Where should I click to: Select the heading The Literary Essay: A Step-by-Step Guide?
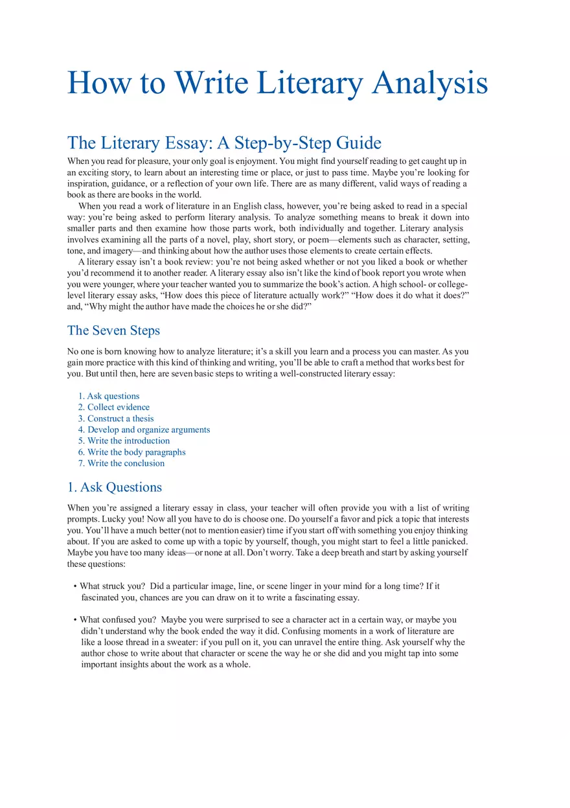[224, 143]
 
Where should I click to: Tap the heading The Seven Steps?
[113, 330]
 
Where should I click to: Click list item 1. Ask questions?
[109, 396]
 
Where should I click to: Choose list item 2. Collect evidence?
[114, 407]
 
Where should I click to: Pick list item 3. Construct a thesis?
[116, 419]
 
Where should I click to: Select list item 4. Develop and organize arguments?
[144, 430]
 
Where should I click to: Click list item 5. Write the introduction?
[124, 441]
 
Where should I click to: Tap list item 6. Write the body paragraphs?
[131, 452]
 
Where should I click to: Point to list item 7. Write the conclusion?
[121, 463]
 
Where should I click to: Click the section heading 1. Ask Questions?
[115, 487]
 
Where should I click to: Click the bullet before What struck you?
[75, 586]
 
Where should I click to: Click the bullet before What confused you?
[75, 620]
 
